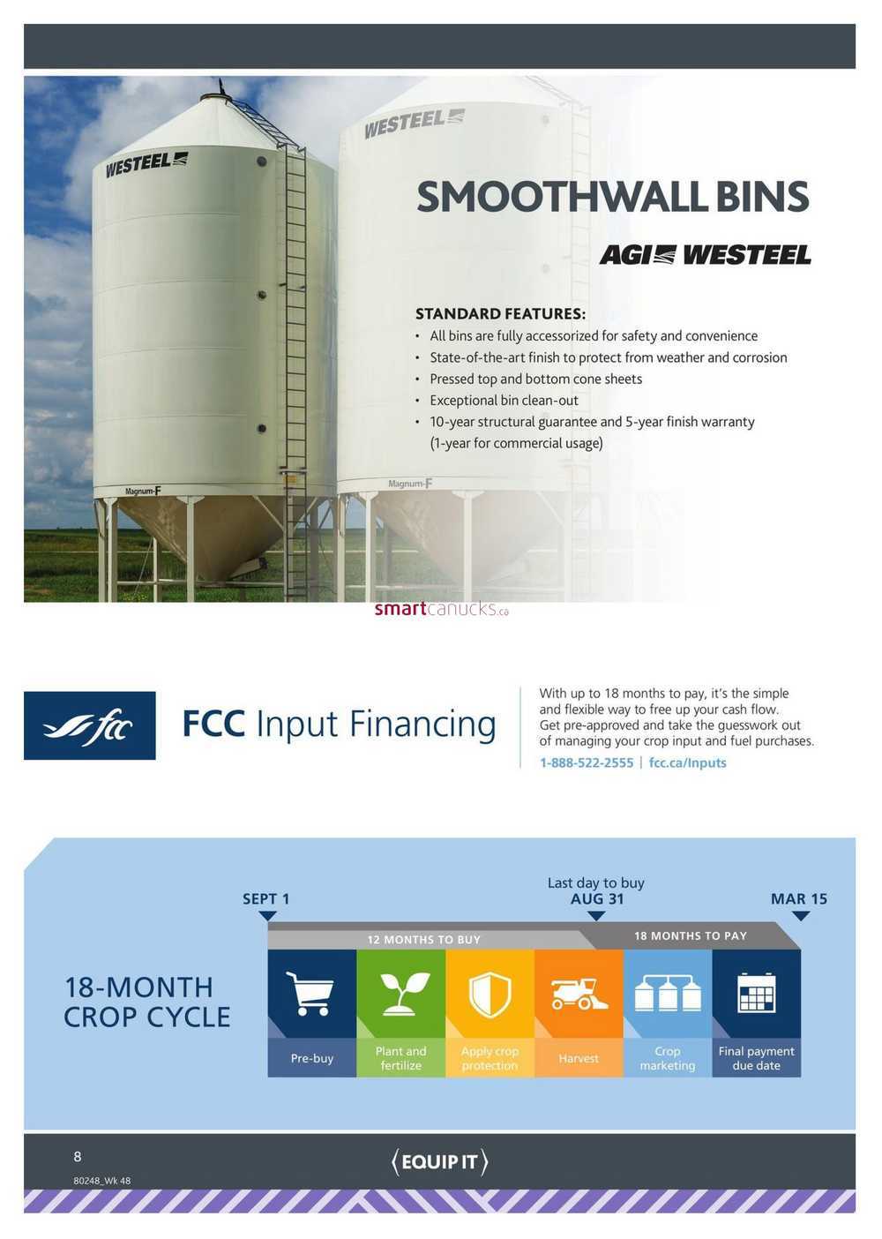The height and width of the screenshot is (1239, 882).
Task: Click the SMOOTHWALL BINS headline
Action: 613,197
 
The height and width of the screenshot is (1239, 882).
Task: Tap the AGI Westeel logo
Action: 705,255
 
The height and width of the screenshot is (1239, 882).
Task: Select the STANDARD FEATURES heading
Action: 500,314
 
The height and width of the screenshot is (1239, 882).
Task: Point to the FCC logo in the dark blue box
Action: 90,725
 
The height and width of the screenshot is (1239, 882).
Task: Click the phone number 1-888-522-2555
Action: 587,762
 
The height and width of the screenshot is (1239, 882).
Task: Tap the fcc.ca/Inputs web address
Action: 687,762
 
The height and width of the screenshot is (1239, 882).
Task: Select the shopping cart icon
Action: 310,994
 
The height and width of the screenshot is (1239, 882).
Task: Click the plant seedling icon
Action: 401,994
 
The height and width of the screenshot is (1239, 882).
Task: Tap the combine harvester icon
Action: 579,994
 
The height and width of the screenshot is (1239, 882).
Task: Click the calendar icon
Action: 757,993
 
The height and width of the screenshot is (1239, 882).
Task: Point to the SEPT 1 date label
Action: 266,899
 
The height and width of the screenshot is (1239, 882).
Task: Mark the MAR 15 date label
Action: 799,899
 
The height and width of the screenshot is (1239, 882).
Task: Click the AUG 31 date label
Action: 597,899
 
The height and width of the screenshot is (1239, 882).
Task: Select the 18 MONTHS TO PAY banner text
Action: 691,936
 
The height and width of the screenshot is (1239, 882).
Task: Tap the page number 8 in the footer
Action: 78,1156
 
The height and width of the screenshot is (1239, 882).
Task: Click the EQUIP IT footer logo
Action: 439,1161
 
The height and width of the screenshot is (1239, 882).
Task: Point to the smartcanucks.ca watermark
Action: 441,609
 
